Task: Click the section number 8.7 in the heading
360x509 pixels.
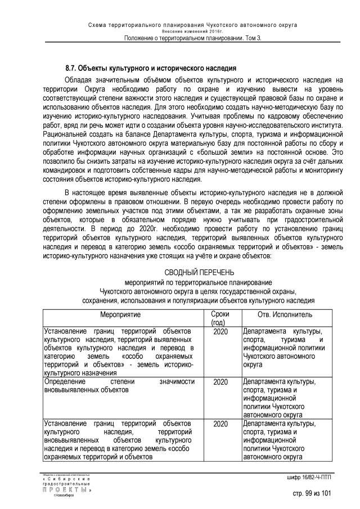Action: (x=71, y=68)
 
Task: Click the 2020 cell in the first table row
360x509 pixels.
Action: (x=220, y=331)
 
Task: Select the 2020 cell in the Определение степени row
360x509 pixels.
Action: (x=220, y=382)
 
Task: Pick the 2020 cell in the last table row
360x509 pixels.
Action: (x=220, y=424)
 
